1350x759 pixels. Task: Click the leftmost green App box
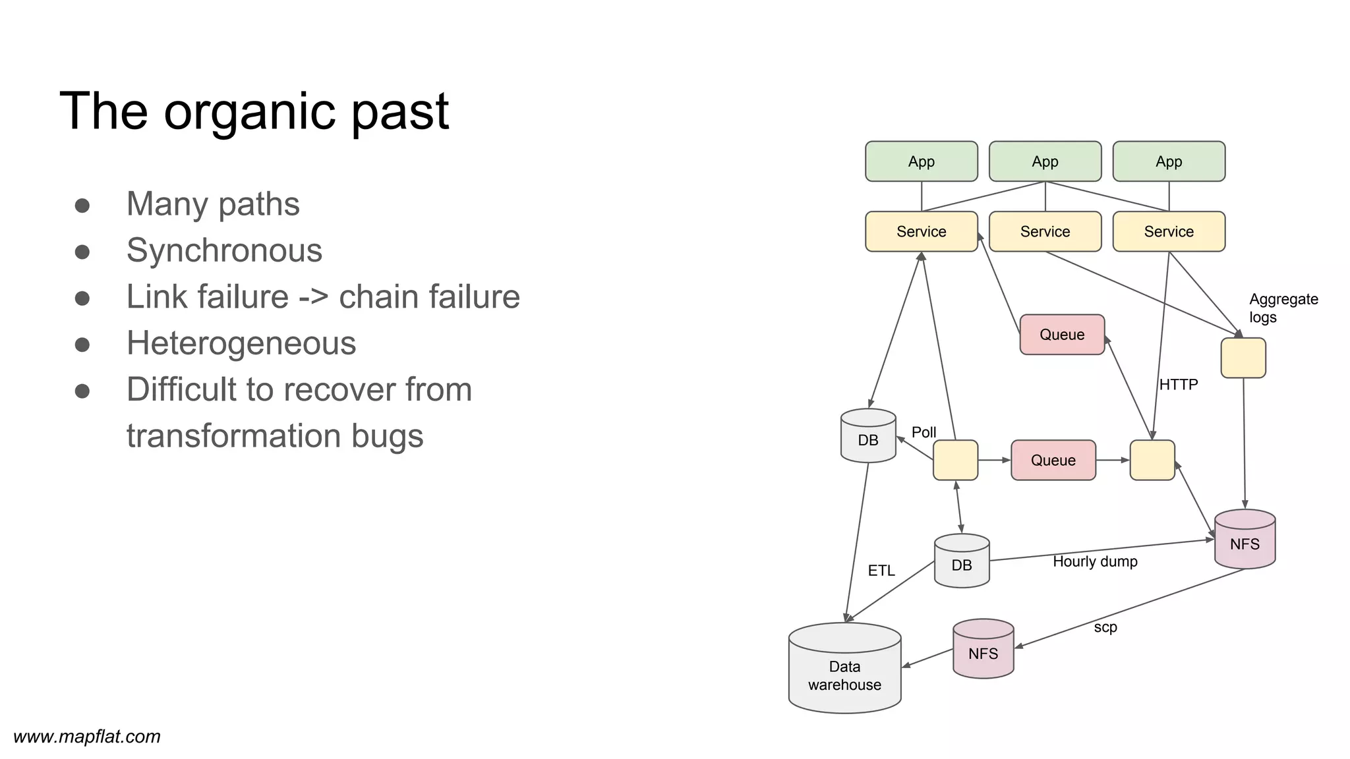click(x=921, y=161)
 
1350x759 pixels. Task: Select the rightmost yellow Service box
click(x=1168, y=231)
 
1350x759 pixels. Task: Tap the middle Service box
click(x=1045, y=231)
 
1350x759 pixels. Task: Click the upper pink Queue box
click(x=1061, y=335)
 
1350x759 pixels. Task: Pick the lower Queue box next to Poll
click(x=1053, y=460)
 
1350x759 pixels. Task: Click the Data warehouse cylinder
click(x=844, y=672)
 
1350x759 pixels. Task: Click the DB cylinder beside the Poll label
click(x=868, y=437)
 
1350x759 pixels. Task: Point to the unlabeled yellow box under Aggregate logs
click(x=1243, y=358)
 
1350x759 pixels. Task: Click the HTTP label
click(x=1178, y=384)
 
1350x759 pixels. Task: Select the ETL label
click(x=881, y=571)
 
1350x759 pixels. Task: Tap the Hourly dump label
click(x=1095, y=561)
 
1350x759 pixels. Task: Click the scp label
click(x=1105, y=627)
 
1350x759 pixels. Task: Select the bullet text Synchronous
click(x=224, y=250)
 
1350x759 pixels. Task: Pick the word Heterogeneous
click(x=241, y=343)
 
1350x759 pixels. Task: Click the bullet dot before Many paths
click(x=82, y=205)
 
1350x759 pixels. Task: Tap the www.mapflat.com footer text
click(x=87, y=737)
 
